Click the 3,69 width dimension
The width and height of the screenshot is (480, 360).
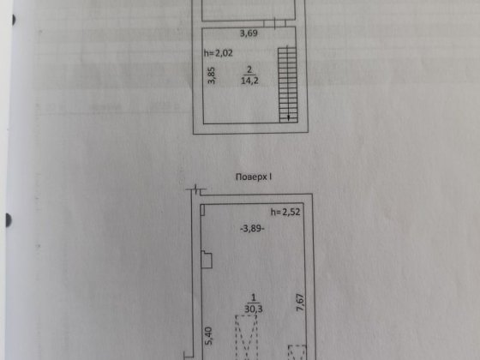tap(249, 33)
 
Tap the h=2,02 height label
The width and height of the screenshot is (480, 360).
tap(219, 53)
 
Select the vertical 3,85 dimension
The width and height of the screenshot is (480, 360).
tap(212, 75)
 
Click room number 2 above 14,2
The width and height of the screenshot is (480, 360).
tap(249, 69)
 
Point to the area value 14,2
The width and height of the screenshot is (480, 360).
tap(249, 81)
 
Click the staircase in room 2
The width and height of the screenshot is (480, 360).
tap(288, 85)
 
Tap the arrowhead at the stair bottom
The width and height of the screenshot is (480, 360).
tap(288, 117)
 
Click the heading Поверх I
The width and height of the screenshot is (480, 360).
tap(254, 177)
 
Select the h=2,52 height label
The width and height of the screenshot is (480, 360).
tap(285, 212)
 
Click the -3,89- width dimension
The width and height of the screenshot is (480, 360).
tap(252, 228)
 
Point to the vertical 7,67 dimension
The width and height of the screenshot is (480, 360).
tap(300, 303)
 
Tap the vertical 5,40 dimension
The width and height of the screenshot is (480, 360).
tap(208, 336)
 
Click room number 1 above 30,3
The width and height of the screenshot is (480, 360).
tap(253, 297)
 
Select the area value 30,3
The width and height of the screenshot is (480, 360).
tap(254, 309)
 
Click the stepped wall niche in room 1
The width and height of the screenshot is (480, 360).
tap(207, 260)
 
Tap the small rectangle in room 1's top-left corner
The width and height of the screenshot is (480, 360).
tap(202, 210)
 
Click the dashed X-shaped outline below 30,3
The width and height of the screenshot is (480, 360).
tap(246, 338)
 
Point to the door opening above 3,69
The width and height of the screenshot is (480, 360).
tap(274, 24)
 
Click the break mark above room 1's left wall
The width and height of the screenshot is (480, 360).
tap(195, 189)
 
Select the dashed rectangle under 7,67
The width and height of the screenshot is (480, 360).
tap(297, 352)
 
